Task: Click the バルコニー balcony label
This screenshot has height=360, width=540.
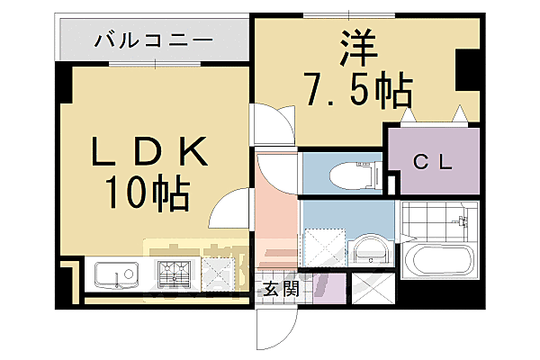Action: pos(153,40)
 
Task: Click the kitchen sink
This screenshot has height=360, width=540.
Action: pos(114,274)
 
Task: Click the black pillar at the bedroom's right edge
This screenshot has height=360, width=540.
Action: pos(469,72)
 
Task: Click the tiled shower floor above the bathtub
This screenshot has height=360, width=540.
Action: pos(439,220)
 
